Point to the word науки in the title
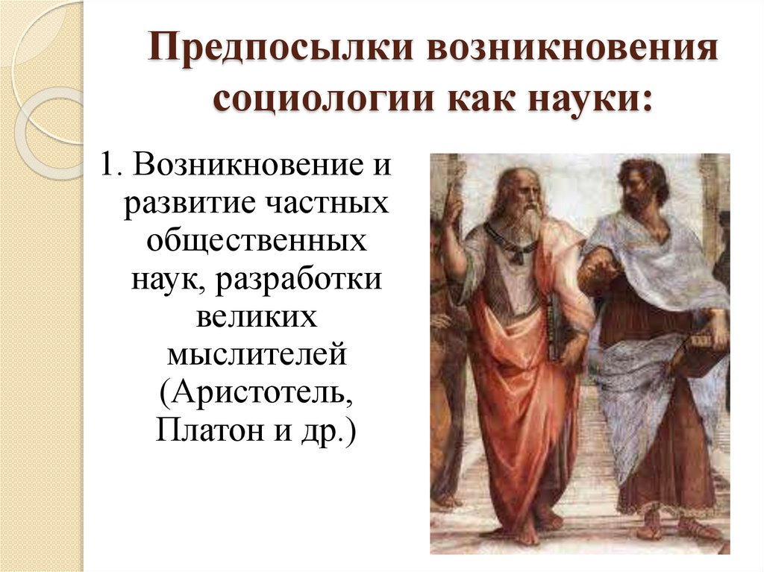coord(589,99)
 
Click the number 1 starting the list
coord(107,165)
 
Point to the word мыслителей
coord(257,356)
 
